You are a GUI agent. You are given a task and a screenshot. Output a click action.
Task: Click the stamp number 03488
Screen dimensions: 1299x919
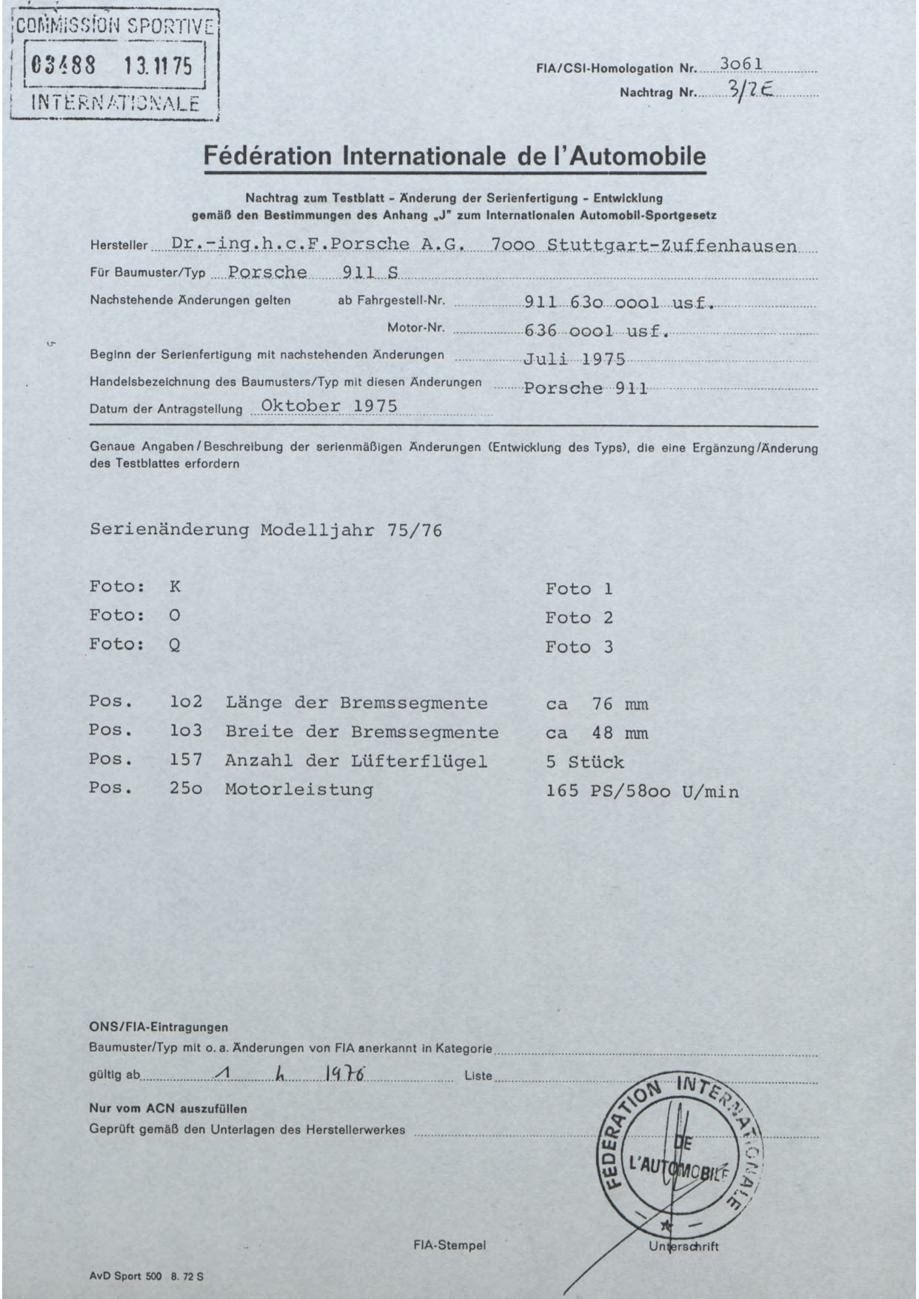[x=63, y=67]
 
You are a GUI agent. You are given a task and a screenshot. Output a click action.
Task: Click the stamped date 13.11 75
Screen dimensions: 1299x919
[x=158, y=67]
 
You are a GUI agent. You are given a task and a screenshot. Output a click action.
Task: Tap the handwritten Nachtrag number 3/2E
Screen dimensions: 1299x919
[x=750, y=90]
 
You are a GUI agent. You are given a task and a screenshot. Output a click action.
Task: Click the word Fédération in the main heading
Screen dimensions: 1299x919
[x=267, y=156]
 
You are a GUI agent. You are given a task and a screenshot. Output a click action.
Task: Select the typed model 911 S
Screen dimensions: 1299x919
[x=370, y=273]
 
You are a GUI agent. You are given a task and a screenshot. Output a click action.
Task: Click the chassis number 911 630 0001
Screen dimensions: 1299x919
[x=589, y=301]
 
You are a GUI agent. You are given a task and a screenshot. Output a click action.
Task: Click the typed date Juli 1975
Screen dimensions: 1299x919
[x=574, y=360]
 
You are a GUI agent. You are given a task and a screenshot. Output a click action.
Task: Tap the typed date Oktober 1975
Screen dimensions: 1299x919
[x=329, y=406]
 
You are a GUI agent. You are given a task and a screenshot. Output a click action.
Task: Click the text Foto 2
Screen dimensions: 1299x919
[x=579, y=618]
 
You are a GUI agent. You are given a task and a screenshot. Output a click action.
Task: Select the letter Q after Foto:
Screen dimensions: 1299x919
[x=175, y=644]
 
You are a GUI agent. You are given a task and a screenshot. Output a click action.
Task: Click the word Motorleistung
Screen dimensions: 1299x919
[x=298, y=789]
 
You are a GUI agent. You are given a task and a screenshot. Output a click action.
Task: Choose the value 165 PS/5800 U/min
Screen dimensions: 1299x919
[x=642, y=792]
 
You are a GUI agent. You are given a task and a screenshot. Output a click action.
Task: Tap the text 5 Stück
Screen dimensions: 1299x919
[x=585, y=762]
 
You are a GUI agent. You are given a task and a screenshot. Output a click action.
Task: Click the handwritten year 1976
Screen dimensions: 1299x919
[x=345, y=1075]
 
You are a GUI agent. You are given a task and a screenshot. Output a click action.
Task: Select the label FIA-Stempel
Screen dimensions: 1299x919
[x=449, y=1245]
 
